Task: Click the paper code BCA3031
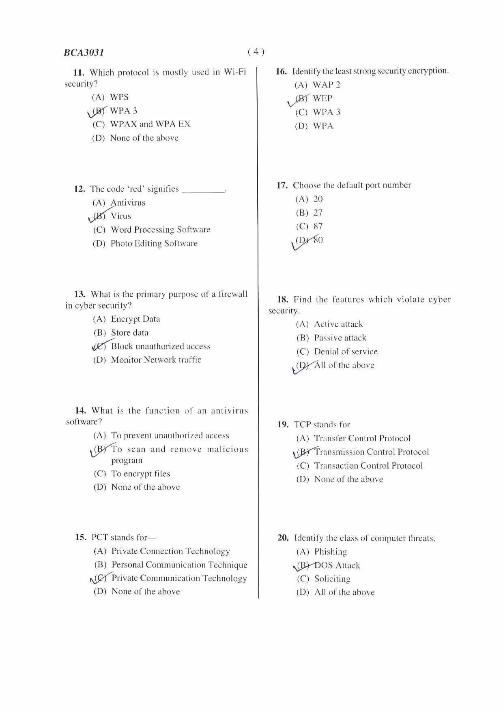(84, 53)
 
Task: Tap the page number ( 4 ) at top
(256, 51)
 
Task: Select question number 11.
(79, 73)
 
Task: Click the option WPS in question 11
(119, 97)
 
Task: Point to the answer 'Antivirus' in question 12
(128, 203)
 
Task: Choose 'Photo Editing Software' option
(154, 244)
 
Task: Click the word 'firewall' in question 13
(232, 294)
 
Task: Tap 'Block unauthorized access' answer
(161, 346)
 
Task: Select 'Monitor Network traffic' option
(156, 360)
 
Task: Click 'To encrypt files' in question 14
(141, 473)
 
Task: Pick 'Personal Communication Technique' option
(179, 565)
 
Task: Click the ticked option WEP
(322, 99)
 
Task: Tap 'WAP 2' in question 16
(327, 85)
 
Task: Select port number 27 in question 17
(318, 213)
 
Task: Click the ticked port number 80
(318, 240)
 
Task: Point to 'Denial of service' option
(346, 351)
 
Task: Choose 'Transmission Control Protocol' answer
(372, 452)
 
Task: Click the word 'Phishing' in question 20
(331, 552)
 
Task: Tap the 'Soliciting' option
(332, 579)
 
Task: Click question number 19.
(283, 425)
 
